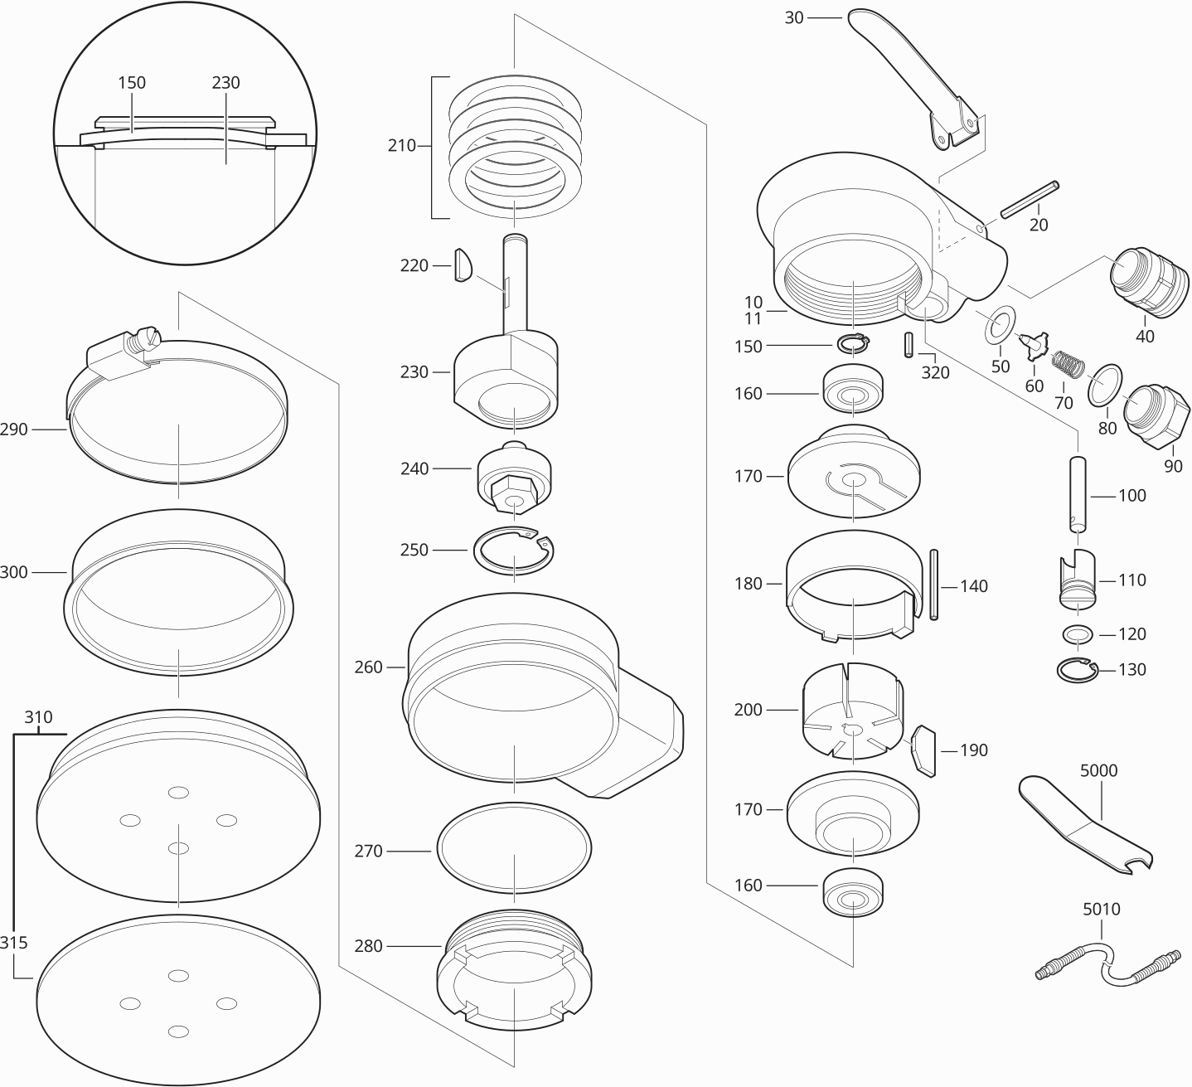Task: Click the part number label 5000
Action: click(1098, 770)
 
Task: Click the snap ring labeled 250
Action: click(515, 550)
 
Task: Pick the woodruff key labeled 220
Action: click(463, 265)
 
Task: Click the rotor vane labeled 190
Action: click(924, 750)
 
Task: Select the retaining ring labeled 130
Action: click(1077, 670)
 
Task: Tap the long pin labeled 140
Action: click(934, 585)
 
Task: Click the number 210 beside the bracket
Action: click(401, 146)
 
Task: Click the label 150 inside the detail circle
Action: click(131, 83)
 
